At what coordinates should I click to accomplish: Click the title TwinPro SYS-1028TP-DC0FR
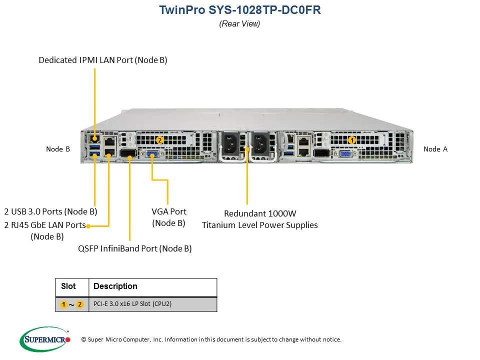(239, 10)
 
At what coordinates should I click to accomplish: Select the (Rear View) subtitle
(239, 23)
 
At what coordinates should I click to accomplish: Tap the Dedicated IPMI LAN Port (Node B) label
(103, 60)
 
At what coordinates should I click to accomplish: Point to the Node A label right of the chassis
(435, 149)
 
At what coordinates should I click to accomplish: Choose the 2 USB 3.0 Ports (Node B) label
(50, 211)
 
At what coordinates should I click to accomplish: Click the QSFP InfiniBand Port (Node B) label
(135, 248)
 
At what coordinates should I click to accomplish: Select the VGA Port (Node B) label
(169, 217)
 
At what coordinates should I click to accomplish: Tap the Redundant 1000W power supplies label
(259, 219)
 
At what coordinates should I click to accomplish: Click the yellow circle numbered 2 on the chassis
(159, 140)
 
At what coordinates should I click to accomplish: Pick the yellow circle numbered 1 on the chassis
(351, 140)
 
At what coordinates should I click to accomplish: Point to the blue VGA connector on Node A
(345, 154)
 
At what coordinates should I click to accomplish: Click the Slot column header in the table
(68, 286)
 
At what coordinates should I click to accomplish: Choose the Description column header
(115, 286)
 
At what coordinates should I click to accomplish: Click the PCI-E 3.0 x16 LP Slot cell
(132, 304)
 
